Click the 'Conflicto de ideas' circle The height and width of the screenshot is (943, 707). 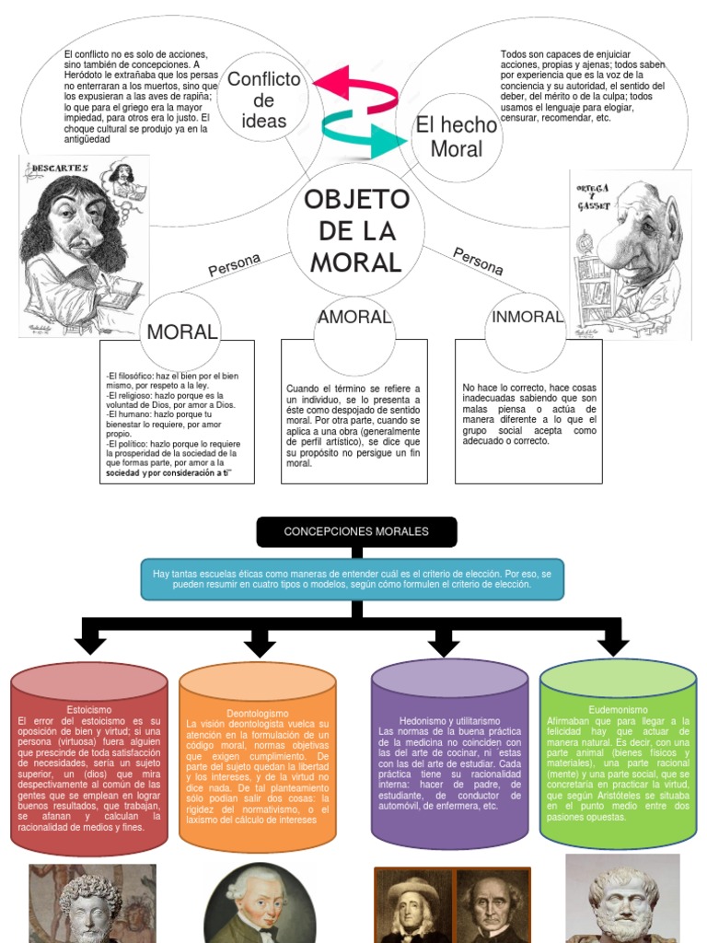point(263,99)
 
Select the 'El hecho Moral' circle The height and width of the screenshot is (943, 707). point(456,137)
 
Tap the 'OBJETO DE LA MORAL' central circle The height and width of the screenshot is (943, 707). point(356,230)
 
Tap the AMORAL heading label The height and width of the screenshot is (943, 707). point(354,317)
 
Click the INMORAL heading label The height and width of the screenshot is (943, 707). point(527,317)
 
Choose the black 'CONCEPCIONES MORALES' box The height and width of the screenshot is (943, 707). point(356,531)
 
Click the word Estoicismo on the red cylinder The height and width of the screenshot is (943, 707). point(89,709)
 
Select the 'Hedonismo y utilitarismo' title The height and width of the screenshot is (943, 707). point(448,720)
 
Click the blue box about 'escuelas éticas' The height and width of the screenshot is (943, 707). point(353,579)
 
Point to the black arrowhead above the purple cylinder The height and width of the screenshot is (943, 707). point(443,643)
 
